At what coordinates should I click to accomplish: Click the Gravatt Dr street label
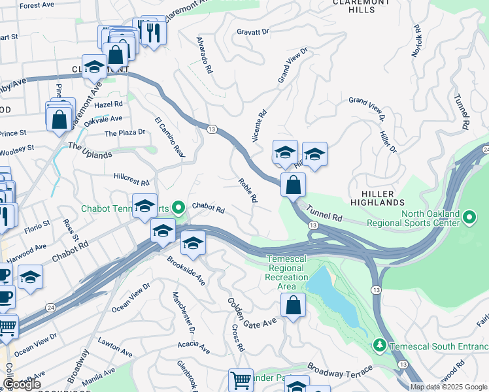pos(253,31)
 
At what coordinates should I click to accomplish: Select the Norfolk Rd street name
pos(416,41)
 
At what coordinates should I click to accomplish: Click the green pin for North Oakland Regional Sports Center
pos(469,216)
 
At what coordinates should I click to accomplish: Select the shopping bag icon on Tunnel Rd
pos(294,184)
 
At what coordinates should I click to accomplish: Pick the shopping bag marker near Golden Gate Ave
pos(294,305)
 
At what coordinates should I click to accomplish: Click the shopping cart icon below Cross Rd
pos(241,380)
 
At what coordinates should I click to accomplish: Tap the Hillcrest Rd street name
pos(131,179)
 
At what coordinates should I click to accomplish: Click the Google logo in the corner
pos(22,384)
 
